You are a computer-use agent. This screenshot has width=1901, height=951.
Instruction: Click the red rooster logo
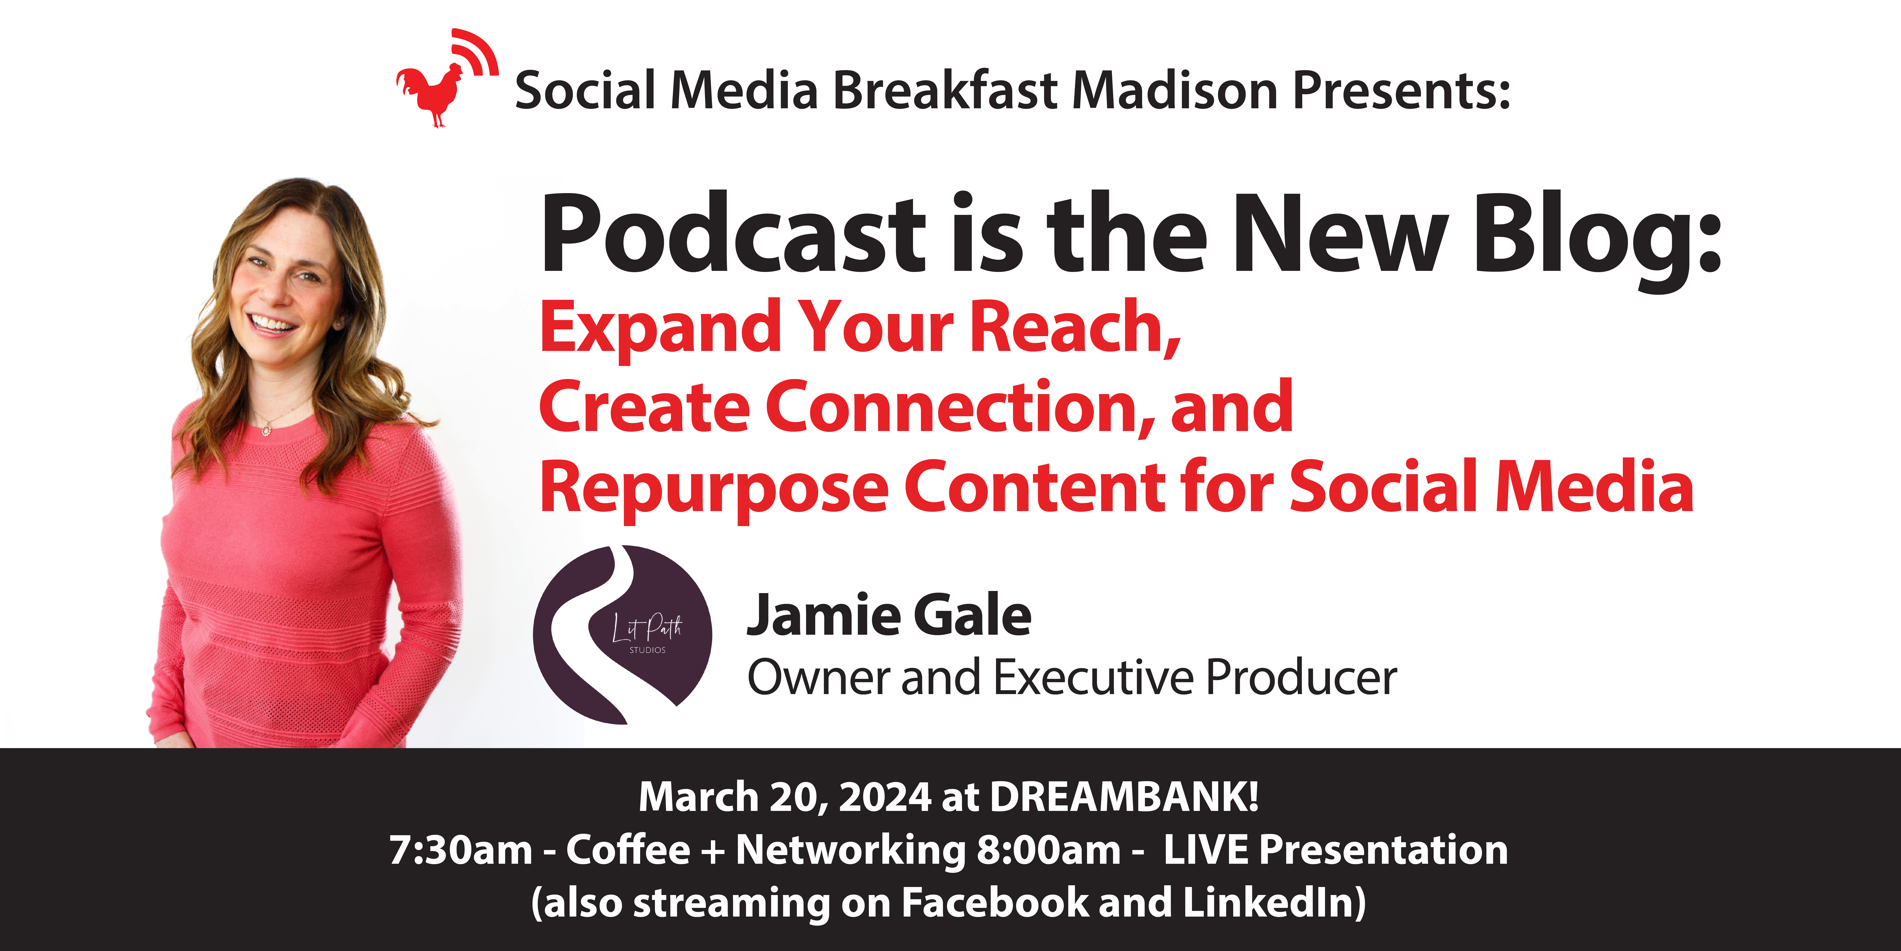tap(446, 78)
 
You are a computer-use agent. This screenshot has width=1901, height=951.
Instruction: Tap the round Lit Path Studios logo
tap(623, 634)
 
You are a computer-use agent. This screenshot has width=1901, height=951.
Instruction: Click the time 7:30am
tap(460, 850)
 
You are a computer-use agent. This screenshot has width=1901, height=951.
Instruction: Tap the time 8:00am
tap(1049, 850)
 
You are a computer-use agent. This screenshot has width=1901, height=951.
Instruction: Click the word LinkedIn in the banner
tap(1269, 902)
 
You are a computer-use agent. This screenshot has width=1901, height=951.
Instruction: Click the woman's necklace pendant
tap(266, 430)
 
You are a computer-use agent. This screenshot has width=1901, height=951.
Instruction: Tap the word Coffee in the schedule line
tap(628, 850)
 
